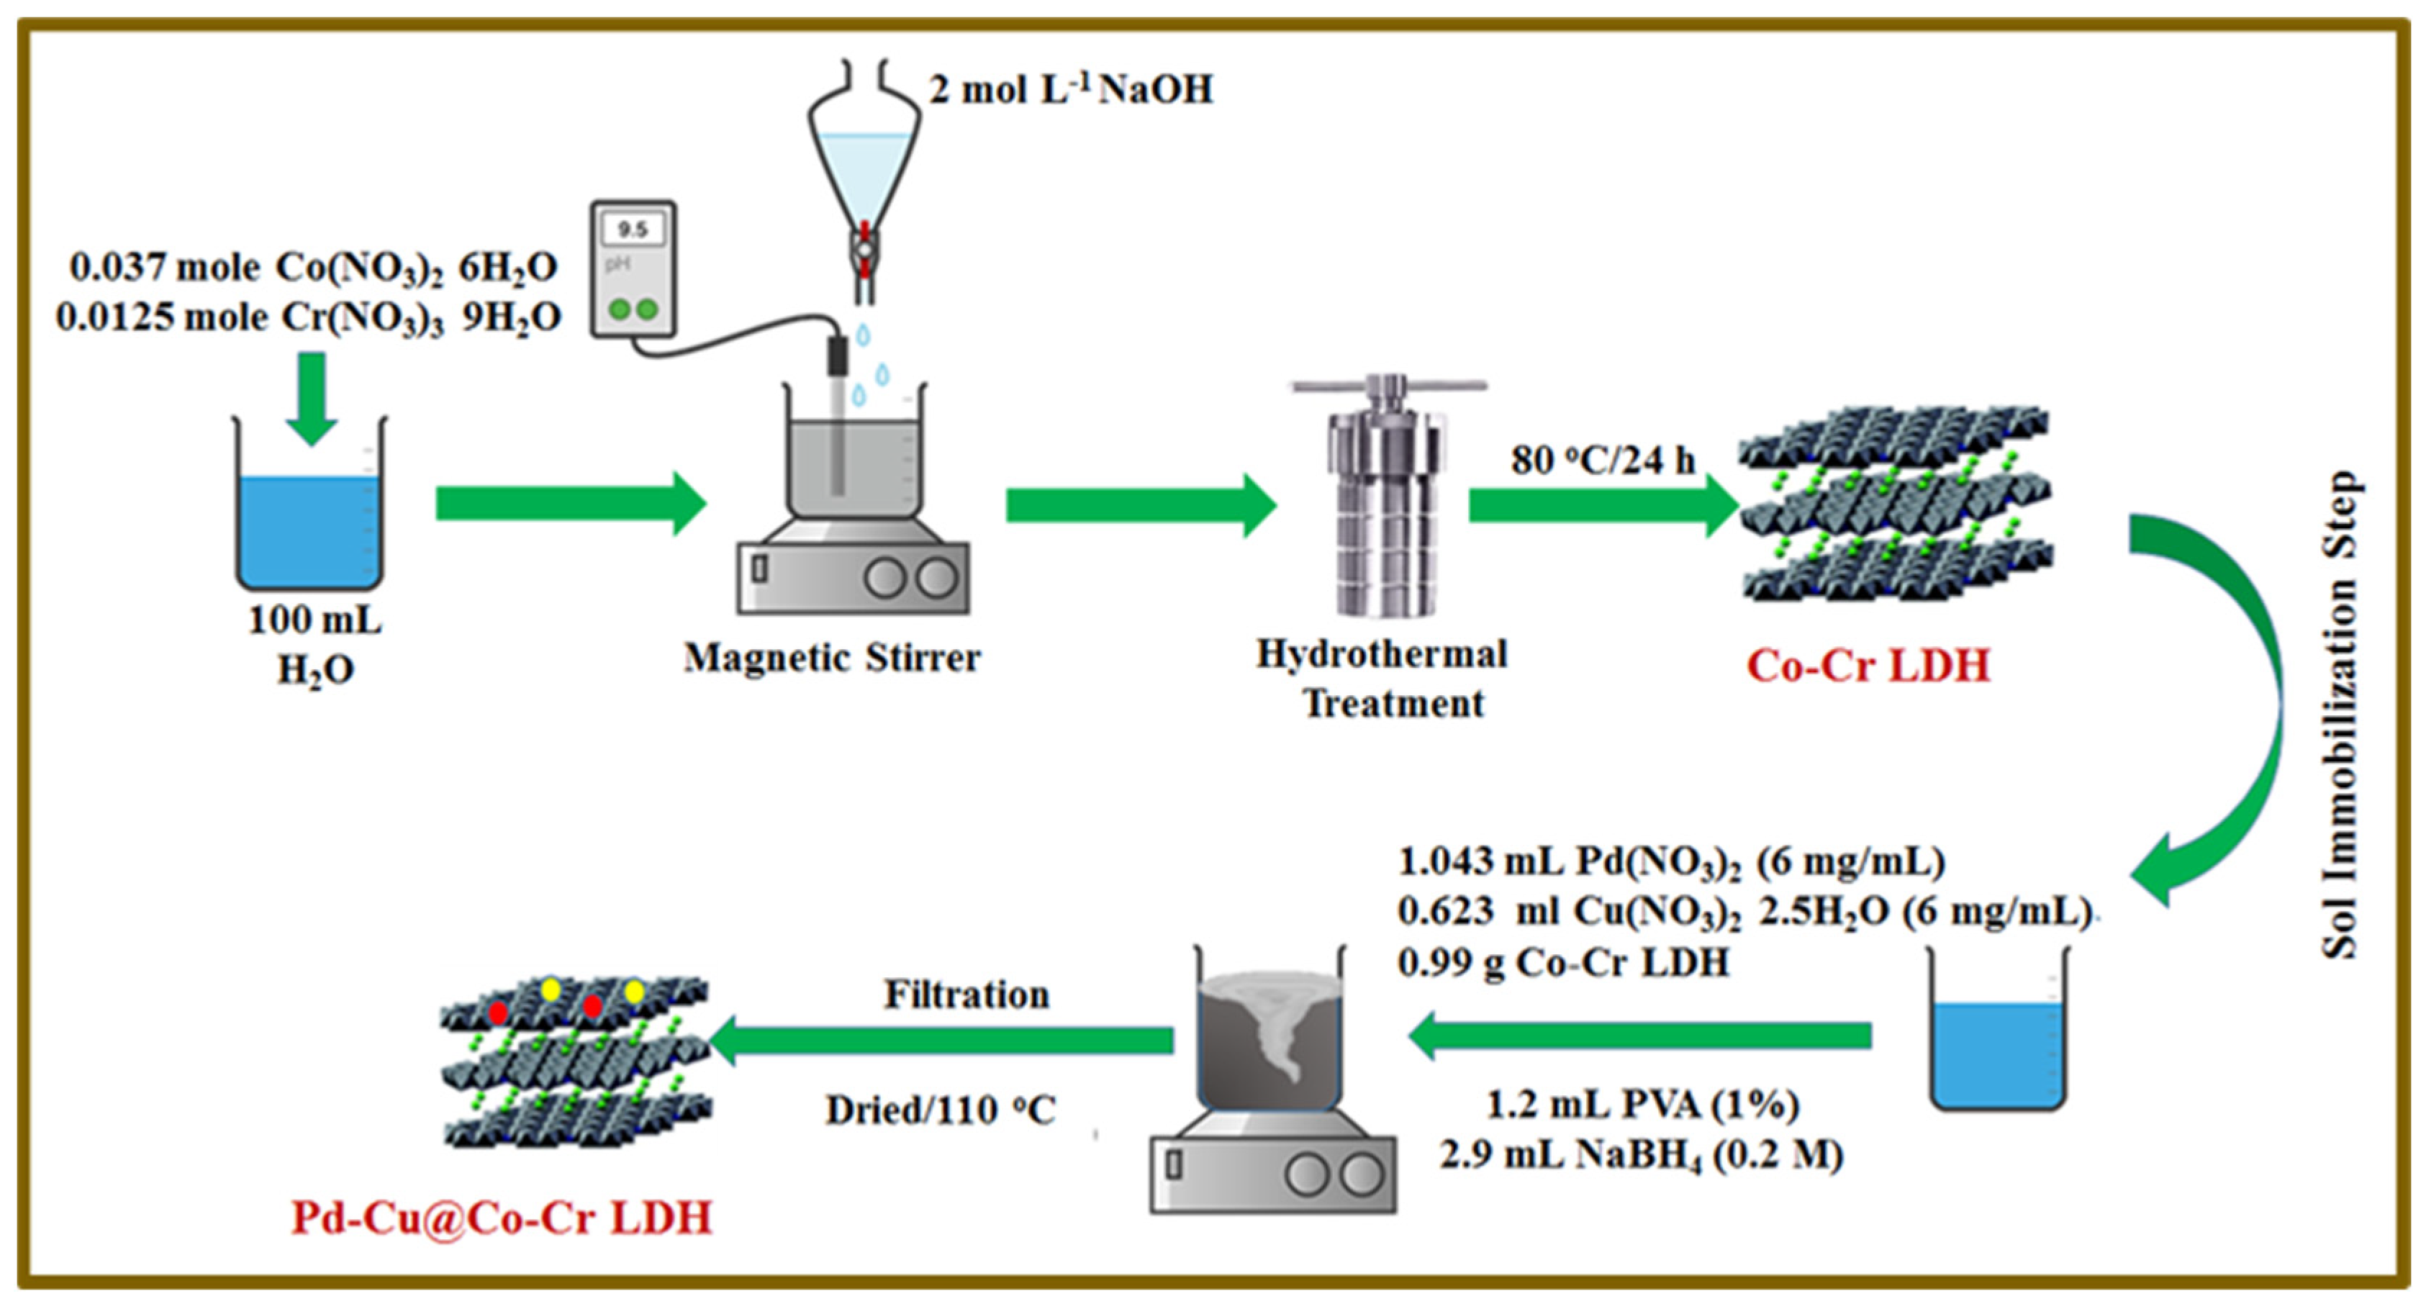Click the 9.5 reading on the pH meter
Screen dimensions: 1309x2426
pos(632,229)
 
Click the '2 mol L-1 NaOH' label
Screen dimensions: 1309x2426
pos(1071,89)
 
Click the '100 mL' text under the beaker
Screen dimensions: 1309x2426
pos(314,620)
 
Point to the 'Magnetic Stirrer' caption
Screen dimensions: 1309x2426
pos(832,657)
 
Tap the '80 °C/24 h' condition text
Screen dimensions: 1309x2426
pos(1603,460)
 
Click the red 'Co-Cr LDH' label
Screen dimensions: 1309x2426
pos(1868,666)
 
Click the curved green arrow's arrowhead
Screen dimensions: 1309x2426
pos(2157,871)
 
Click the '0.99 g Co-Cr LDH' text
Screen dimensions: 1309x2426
pos(1563,962)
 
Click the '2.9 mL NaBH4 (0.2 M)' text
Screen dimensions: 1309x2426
pos(1641,1154)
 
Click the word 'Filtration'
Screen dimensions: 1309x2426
pos(967,995)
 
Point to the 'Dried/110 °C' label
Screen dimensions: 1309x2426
pos(940,1110)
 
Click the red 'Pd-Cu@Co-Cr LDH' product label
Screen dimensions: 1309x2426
pos(502,1218)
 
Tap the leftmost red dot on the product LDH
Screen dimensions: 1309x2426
pos(498,1013)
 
